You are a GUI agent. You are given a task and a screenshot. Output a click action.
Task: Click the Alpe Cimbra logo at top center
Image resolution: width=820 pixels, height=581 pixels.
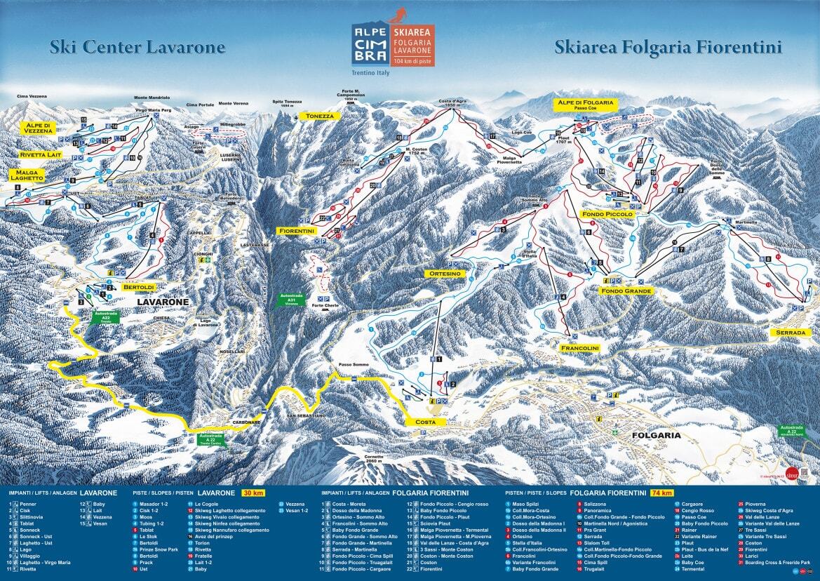392,46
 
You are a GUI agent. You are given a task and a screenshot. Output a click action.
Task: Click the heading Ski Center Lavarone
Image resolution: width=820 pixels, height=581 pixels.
137,48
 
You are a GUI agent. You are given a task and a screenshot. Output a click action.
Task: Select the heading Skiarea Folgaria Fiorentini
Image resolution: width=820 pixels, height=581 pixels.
668,48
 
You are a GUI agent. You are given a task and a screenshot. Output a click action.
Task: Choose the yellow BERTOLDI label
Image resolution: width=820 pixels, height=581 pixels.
138,288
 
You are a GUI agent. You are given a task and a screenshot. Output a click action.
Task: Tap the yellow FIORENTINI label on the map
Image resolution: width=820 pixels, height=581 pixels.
296,231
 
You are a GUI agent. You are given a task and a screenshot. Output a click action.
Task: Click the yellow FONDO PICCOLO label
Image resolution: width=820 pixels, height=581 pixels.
607,213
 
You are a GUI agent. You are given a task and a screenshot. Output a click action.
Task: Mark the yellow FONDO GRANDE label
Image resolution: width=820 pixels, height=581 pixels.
626,290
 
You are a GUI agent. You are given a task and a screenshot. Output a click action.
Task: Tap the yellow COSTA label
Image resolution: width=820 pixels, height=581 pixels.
426,422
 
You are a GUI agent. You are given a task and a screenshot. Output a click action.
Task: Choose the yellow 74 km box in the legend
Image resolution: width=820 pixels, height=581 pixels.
661,493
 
